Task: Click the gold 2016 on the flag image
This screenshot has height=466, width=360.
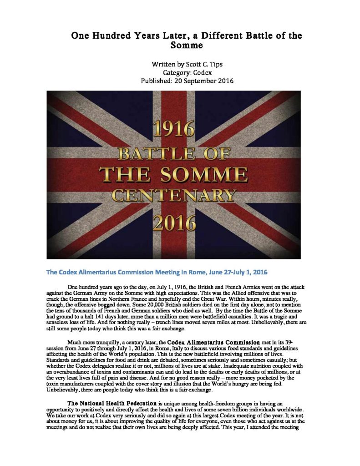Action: (173, 222)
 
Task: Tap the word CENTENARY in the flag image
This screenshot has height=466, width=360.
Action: (174, 195)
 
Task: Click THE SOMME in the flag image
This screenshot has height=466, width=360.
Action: (174, 175)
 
